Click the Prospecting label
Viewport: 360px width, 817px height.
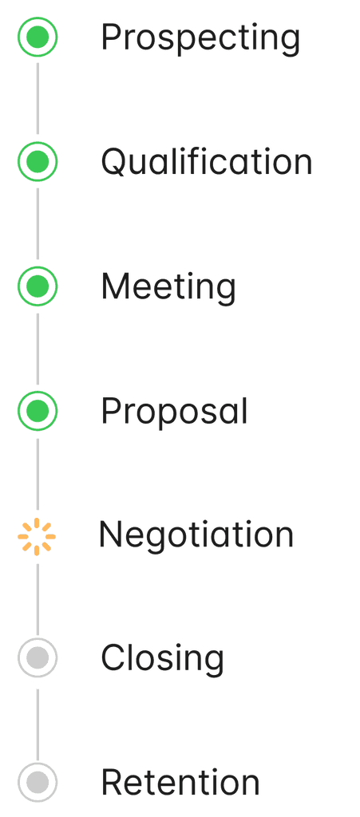click(x=200, y=38)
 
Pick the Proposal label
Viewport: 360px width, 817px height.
click(x=175, y=412)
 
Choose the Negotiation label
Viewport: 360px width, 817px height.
click(x=196, y=535)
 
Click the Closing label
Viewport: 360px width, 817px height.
click(x=162, y=659)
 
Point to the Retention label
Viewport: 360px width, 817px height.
click(x=180, y=783)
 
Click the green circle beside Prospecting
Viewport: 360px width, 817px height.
click(x=38, y=37)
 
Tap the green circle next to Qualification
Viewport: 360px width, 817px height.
click(x=38, y=161)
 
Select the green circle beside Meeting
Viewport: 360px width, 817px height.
click(x=38, y=286)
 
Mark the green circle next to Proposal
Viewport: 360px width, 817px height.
click(x=38, y=411)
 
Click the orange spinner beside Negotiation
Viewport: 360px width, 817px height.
click(x=37, y=536)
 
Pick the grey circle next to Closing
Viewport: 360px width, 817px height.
click(x=38, y=657)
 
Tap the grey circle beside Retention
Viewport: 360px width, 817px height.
click(x=38, y=782)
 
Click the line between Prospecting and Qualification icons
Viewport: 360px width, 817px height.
click(x=38, y=99)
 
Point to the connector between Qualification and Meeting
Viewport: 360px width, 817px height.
click(x=38, y=223)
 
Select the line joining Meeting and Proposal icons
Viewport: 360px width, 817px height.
click(x=38, y=349)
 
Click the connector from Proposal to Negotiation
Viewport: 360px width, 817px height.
click(x=38, y=474)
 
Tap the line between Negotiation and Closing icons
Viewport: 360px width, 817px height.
click(x=38, y=598)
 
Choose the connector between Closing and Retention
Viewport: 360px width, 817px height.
click(x=38, y=724)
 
